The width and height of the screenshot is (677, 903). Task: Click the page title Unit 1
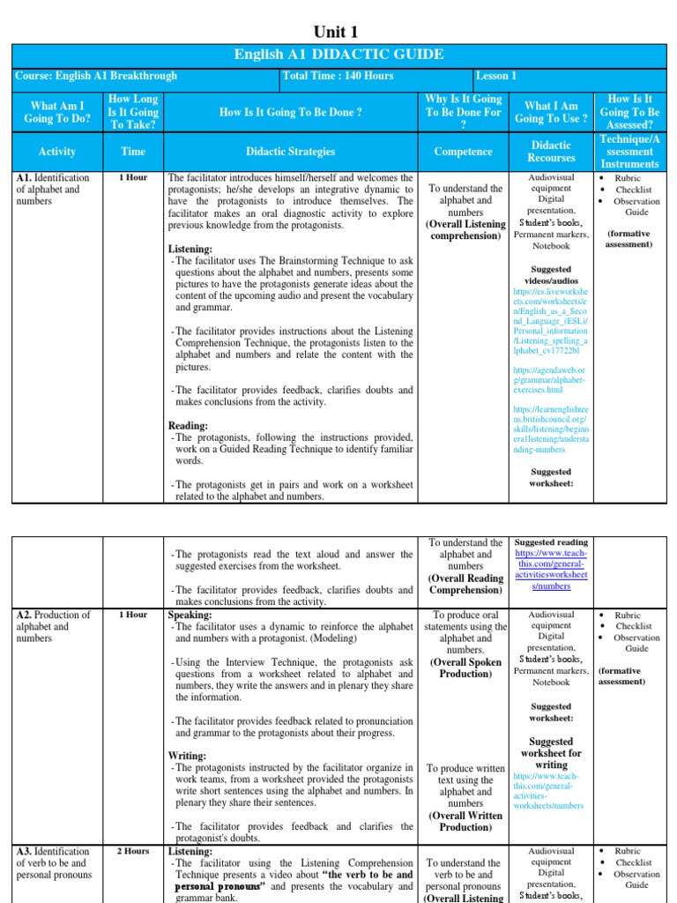338,32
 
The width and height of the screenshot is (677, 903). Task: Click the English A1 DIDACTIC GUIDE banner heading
338,55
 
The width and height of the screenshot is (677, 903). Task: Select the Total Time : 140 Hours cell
338,76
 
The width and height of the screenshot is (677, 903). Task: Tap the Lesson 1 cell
497,76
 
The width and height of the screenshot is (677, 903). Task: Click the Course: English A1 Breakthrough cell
96,76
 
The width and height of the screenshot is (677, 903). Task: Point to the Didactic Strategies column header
290,152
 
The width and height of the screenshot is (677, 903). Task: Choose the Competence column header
464,152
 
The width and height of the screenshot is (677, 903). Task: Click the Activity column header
57,152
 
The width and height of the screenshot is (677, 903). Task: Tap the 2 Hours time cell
133,851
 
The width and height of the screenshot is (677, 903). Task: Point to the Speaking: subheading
190,615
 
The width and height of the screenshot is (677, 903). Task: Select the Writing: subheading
188,756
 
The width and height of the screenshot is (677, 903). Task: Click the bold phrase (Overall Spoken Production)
465,668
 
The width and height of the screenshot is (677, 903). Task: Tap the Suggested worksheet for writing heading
551,753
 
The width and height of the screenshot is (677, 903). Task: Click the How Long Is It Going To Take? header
133,112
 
